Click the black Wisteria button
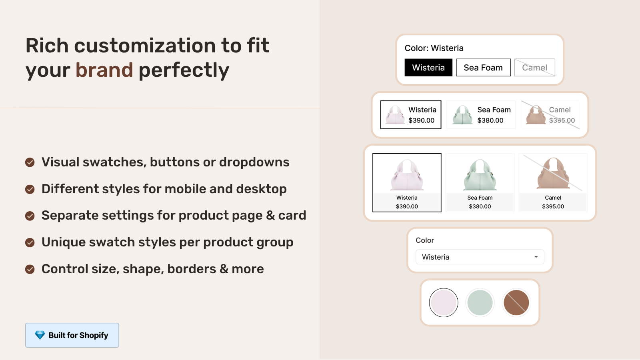tap(428, 68)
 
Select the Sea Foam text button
tap(483, 68)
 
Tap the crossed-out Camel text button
tap(534, 68)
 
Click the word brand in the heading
tap(104, 70)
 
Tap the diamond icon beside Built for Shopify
tap(40, 335)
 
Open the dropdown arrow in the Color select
tap(536, 257)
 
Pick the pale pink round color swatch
tap(443, 302)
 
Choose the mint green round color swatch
tap(480, 302)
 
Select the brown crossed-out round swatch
tap(516, 302)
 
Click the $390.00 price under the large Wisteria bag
tap(407, 206)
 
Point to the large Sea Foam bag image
tap(480, 175)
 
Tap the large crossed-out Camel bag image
tap(553, 174)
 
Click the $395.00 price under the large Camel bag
tap(553, 206)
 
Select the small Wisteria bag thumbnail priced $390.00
tap(395, 115)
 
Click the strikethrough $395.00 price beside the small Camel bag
tap(562, 120)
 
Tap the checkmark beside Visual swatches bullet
tap(30, 162)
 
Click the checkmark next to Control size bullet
tap(30, 269)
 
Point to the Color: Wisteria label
tap(434, 48)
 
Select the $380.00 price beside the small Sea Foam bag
tap(490, 120)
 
